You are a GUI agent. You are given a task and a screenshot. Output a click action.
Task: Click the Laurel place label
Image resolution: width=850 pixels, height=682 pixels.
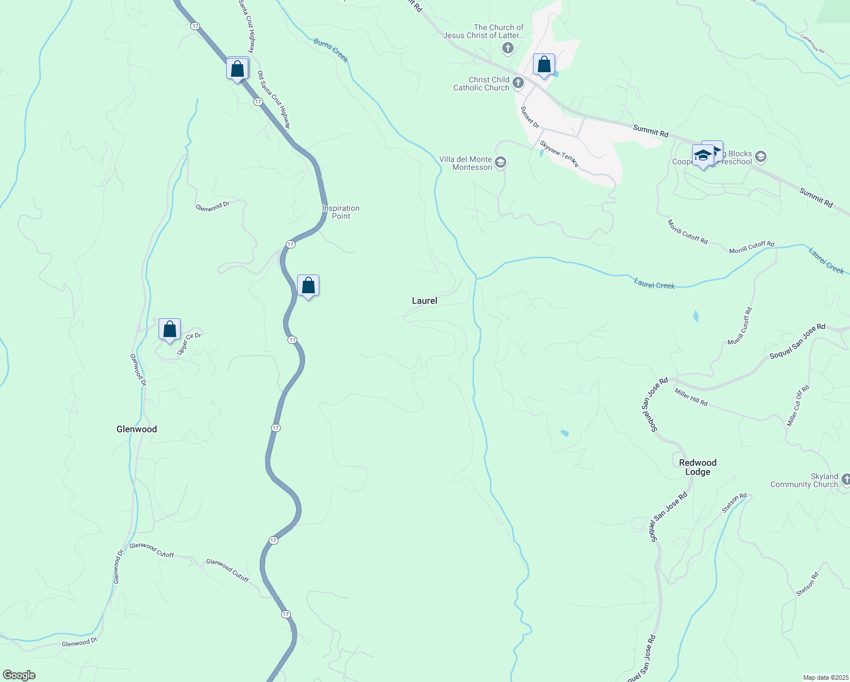point(424,301)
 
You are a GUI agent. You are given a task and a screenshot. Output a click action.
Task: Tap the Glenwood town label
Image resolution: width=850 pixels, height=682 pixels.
point(136,429)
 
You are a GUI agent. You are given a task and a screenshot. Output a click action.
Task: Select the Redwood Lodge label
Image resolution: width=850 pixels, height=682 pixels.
point(698,467)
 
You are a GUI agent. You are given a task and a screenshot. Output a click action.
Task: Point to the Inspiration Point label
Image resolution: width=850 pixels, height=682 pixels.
point(341,212)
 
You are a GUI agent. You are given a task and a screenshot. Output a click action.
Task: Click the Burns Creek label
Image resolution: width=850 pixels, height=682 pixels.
point(331,50)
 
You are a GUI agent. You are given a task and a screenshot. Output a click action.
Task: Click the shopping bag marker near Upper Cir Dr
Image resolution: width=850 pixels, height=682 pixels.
point(169,330)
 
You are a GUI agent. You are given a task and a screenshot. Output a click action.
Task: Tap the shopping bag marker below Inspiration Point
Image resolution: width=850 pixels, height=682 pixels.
point(308,286)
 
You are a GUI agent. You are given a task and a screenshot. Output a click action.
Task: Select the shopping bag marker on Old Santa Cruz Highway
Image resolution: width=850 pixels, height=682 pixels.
point(238,69)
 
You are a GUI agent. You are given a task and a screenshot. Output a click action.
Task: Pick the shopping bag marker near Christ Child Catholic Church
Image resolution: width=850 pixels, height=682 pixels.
point(544,65)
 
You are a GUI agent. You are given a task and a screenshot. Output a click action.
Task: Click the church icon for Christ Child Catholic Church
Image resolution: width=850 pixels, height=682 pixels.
point(518,84)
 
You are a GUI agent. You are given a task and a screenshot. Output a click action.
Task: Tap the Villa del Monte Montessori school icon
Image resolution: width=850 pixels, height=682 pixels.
point(500,163)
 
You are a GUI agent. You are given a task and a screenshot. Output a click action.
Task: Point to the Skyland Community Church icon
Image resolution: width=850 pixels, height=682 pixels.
point(845,480)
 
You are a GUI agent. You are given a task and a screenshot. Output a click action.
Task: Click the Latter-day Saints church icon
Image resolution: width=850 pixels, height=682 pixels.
point(508,48)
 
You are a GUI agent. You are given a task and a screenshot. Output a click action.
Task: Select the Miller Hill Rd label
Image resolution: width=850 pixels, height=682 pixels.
point(691,397)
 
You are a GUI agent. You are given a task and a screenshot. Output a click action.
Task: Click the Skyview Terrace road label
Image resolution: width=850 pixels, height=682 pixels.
point(560,153)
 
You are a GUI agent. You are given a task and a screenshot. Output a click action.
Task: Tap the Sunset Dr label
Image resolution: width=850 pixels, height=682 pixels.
point(530,117)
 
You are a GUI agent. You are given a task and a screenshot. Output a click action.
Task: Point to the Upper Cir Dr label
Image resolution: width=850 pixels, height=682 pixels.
point(189,344)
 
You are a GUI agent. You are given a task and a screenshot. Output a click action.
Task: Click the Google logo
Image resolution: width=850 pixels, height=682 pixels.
point(19,675)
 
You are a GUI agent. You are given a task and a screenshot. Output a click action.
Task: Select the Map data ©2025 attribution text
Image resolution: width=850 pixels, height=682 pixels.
point(824,677)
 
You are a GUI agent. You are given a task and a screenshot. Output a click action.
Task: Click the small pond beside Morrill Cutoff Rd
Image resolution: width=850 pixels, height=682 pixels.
point(696,316)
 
